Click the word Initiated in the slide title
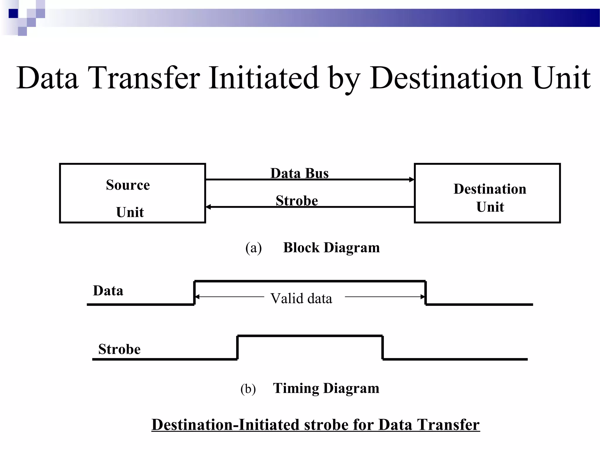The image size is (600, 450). (263, 78)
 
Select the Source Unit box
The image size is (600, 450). (132, 193)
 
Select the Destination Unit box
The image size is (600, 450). (487, 193)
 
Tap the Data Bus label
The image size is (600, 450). (299, 173)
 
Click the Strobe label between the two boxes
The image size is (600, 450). (297, 201)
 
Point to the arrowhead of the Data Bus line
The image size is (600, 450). (412, 179)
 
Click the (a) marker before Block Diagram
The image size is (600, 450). (253, 248)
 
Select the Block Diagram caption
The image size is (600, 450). (331, 248)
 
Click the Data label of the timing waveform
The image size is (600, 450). (108, 291)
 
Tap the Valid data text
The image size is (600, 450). (301, 299)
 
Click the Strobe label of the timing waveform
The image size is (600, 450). (119, 349)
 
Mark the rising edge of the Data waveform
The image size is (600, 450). (194, 293)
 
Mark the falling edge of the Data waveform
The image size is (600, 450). (426, 293)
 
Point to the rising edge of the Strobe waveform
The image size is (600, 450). (237, 347)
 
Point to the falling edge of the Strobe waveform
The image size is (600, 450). (383, 347)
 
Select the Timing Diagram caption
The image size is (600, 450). (326, 388)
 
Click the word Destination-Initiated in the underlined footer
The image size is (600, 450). (226, 425)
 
